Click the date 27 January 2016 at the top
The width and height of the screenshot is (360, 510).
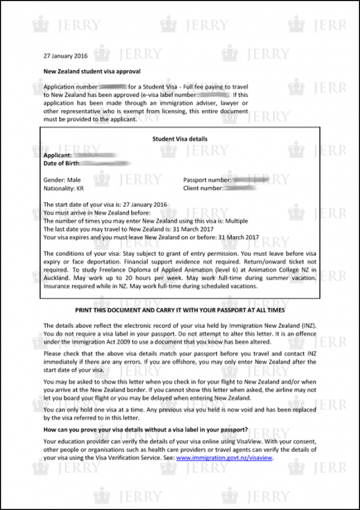66,56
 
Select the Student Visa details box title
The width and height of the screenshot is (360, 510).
180,139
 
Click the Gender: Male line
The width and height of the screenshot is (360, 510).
62,180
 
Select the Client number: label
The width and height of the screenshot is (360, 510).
203,188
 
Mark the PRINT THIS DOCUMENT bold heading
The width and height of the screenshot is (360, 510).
180,309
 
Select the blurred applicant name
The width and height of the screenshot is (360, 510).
96,155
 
